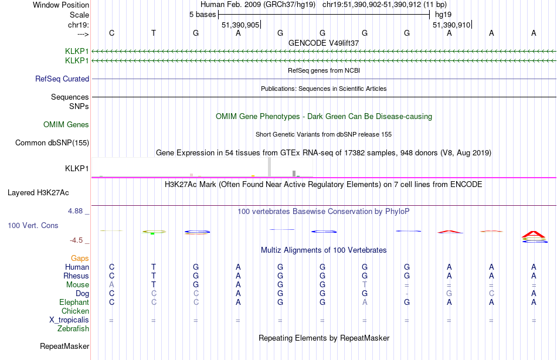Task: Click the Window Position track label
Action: pyautogui.click(x=61, y=5)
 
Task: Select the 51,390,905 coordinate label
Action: pyautogui.click(x=240, y=25)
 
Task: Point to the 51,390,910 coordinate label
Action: pyautogui.click(x=451, y=25)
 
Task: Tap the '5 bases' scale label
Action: pyautogui.click(x=202, y=15)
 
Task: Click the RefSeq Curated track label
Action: pyautogui.click(x=62, y=79)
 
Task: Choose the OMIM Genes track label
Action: pyautogui.click(x=66, y=124)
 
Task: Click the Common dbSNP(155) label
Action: pyautogui.click(x=52, y=143)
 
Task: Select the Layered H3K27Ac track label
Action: pyautogui.click(x=38, y=193)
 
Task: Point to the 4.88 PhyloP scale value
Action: pyautogui.click(x=75, y=211)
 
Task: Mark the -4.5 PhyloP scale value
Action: pyautogui.click(x=76, y=240)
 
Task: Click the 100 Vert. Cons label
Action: pyautogui.click(x=33, y=226)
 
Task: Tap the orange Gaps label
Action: pyautogui.click(x=80, y=259)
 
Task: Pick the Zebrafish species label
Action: pyautogui.click(x=73, y=329)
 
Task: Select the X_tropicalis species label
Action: pyautogui.click(x=69, y=320)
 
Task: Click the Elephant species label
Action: pyautogui.click(x=74, y=303)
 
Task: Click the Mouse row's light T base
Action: pyautogui.click(x=365, y=285)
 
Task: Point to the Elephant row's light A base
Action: pyautogui.click(x=365, y=303)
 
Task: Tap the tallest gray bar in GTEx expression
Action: pyautogui.click(x=270, y=167)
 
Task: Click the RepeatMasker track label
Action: pyautogui.click(x=64, y=346)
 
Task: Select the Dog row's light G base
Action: pyautogui.click(x=449, y=294)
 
